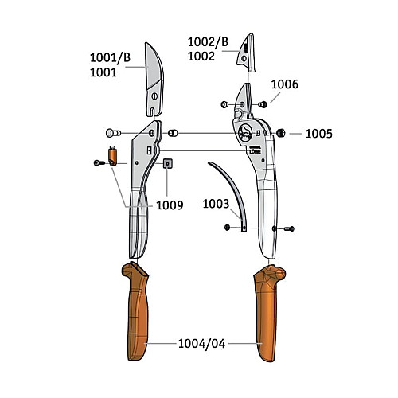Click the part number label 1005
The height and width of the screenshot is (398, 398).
[318, 134]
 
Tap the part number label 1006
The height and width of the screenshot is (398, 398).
[284, 84]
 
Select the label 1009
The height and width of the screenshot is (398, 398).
[170, 205]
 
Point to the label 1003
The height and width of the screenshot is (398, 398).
[216, 204]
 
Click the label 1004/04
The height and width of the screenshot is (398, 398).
[201, 344]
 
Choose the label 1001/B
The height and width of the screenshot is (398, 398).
[110, 57]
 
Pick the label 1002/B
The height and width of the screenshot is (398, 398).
[208, 42]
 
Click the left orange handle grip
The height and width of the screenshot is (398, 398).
[136, 312]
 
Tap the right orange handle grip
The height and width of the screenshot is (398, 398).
[268, 313]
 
